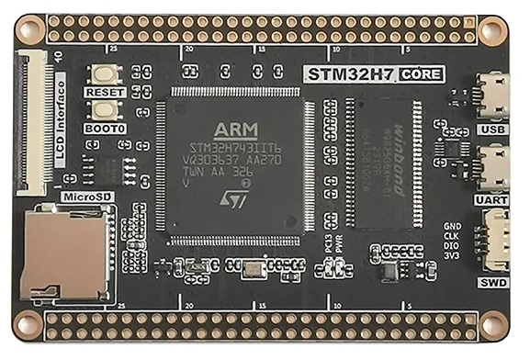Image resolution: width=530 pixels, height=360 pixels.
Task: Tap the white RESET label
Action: coord(105,93)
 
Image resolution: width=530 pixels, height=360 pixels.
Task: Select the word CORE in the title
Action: coord(423,73)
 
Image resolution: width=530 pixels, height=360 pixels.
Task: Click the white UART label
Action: coord(491,199)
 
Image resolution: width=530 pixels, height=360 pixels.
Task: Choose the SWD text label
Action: coord(493,284)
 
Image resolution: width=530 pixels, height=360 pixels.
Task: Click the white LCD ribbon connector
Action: coord(31,123)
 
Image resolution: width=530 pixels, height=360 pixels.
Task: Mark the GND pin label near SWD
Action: coord(452,225)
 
